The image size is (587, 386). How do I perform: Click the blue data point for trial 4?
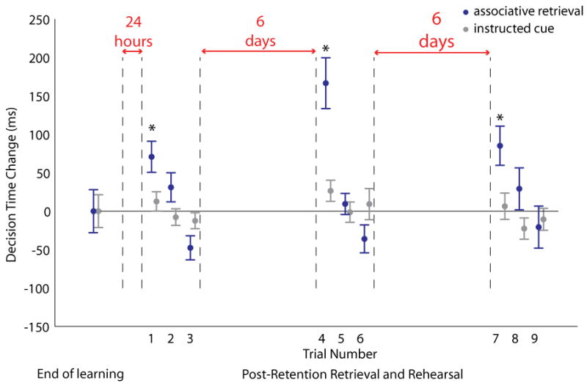tap(326, 83)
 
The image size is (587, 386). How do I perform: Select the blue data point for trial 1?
tap(151, 156)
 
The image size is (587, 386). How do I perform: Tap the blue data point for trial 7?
tap(500, 145)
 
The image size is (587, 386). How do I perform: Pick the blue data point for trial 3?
tap(190, 248)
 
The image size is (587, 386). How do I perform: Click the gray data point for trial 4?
tap(331, 191)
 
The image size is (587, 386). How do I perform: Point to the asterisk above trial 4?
tap(326, 50)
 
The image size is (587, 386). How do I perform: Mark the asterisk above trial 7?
tap(500, 119)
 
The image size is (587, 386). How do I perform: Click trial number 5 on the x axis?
tap(341, 338)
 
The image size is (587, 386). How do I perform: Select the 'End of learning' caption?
tap(80, 374)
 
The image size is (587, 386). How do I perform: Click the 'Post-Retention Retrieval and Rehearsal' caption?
tap(352, 374)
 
